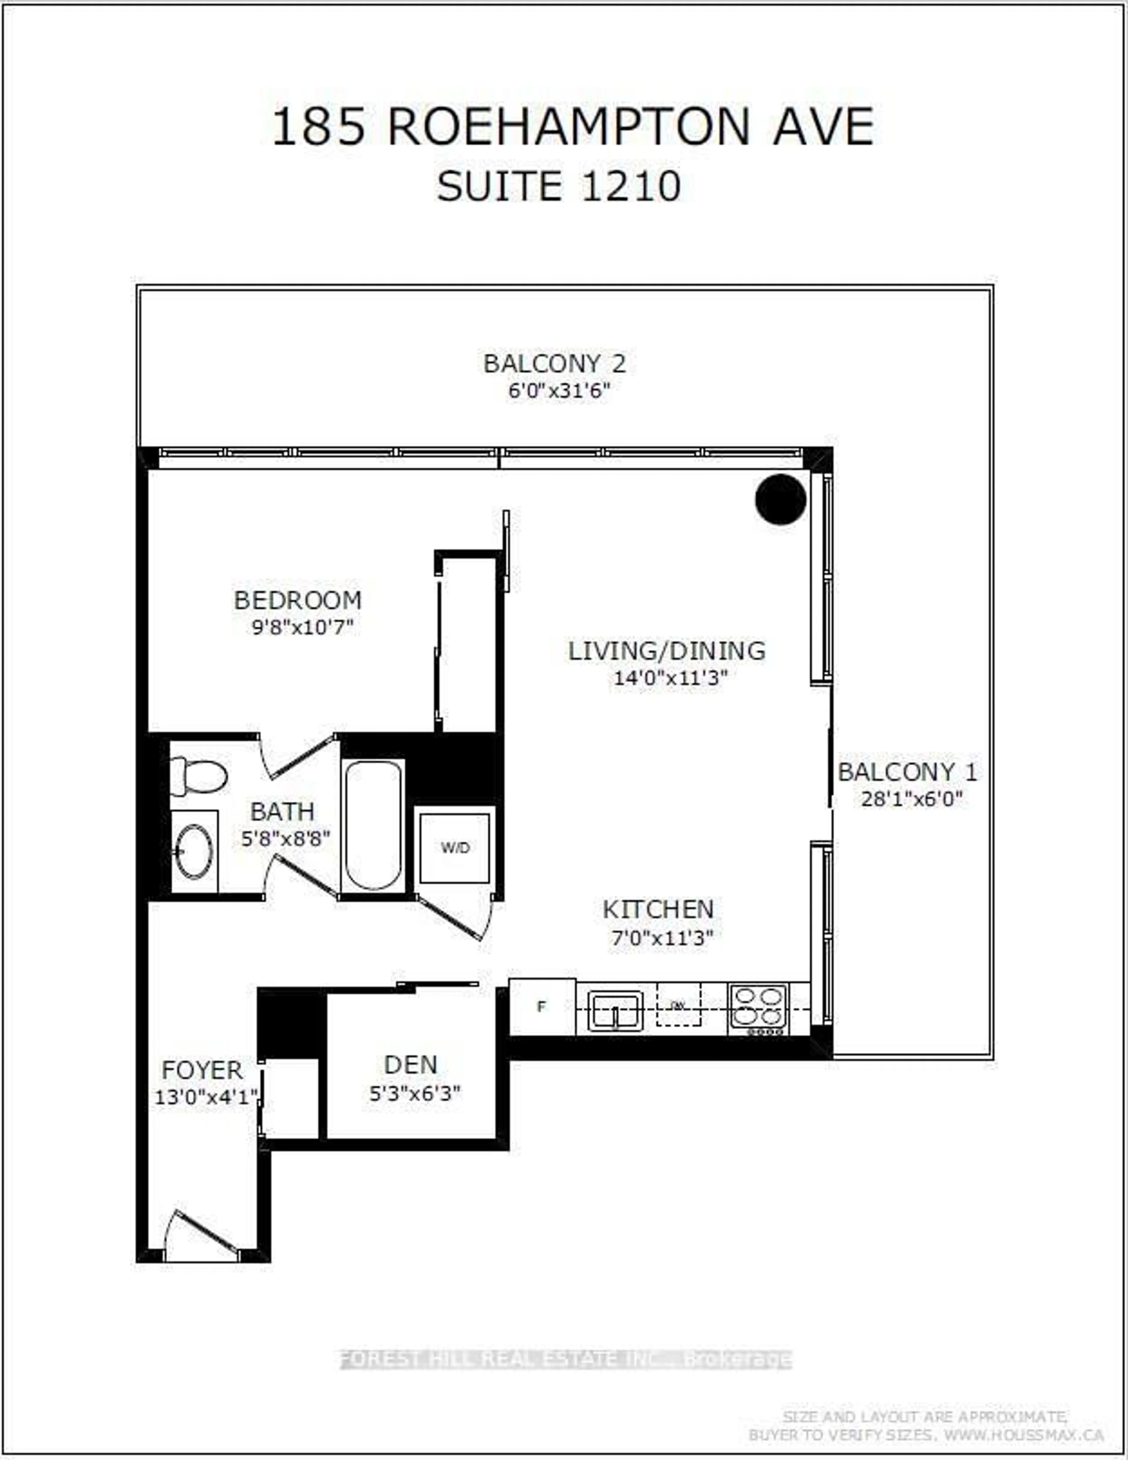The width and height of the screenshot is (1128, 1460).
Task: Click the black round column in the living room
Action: [780, 499]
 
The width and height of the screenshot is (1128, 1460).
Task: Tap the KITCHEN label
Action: [658, 909]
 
